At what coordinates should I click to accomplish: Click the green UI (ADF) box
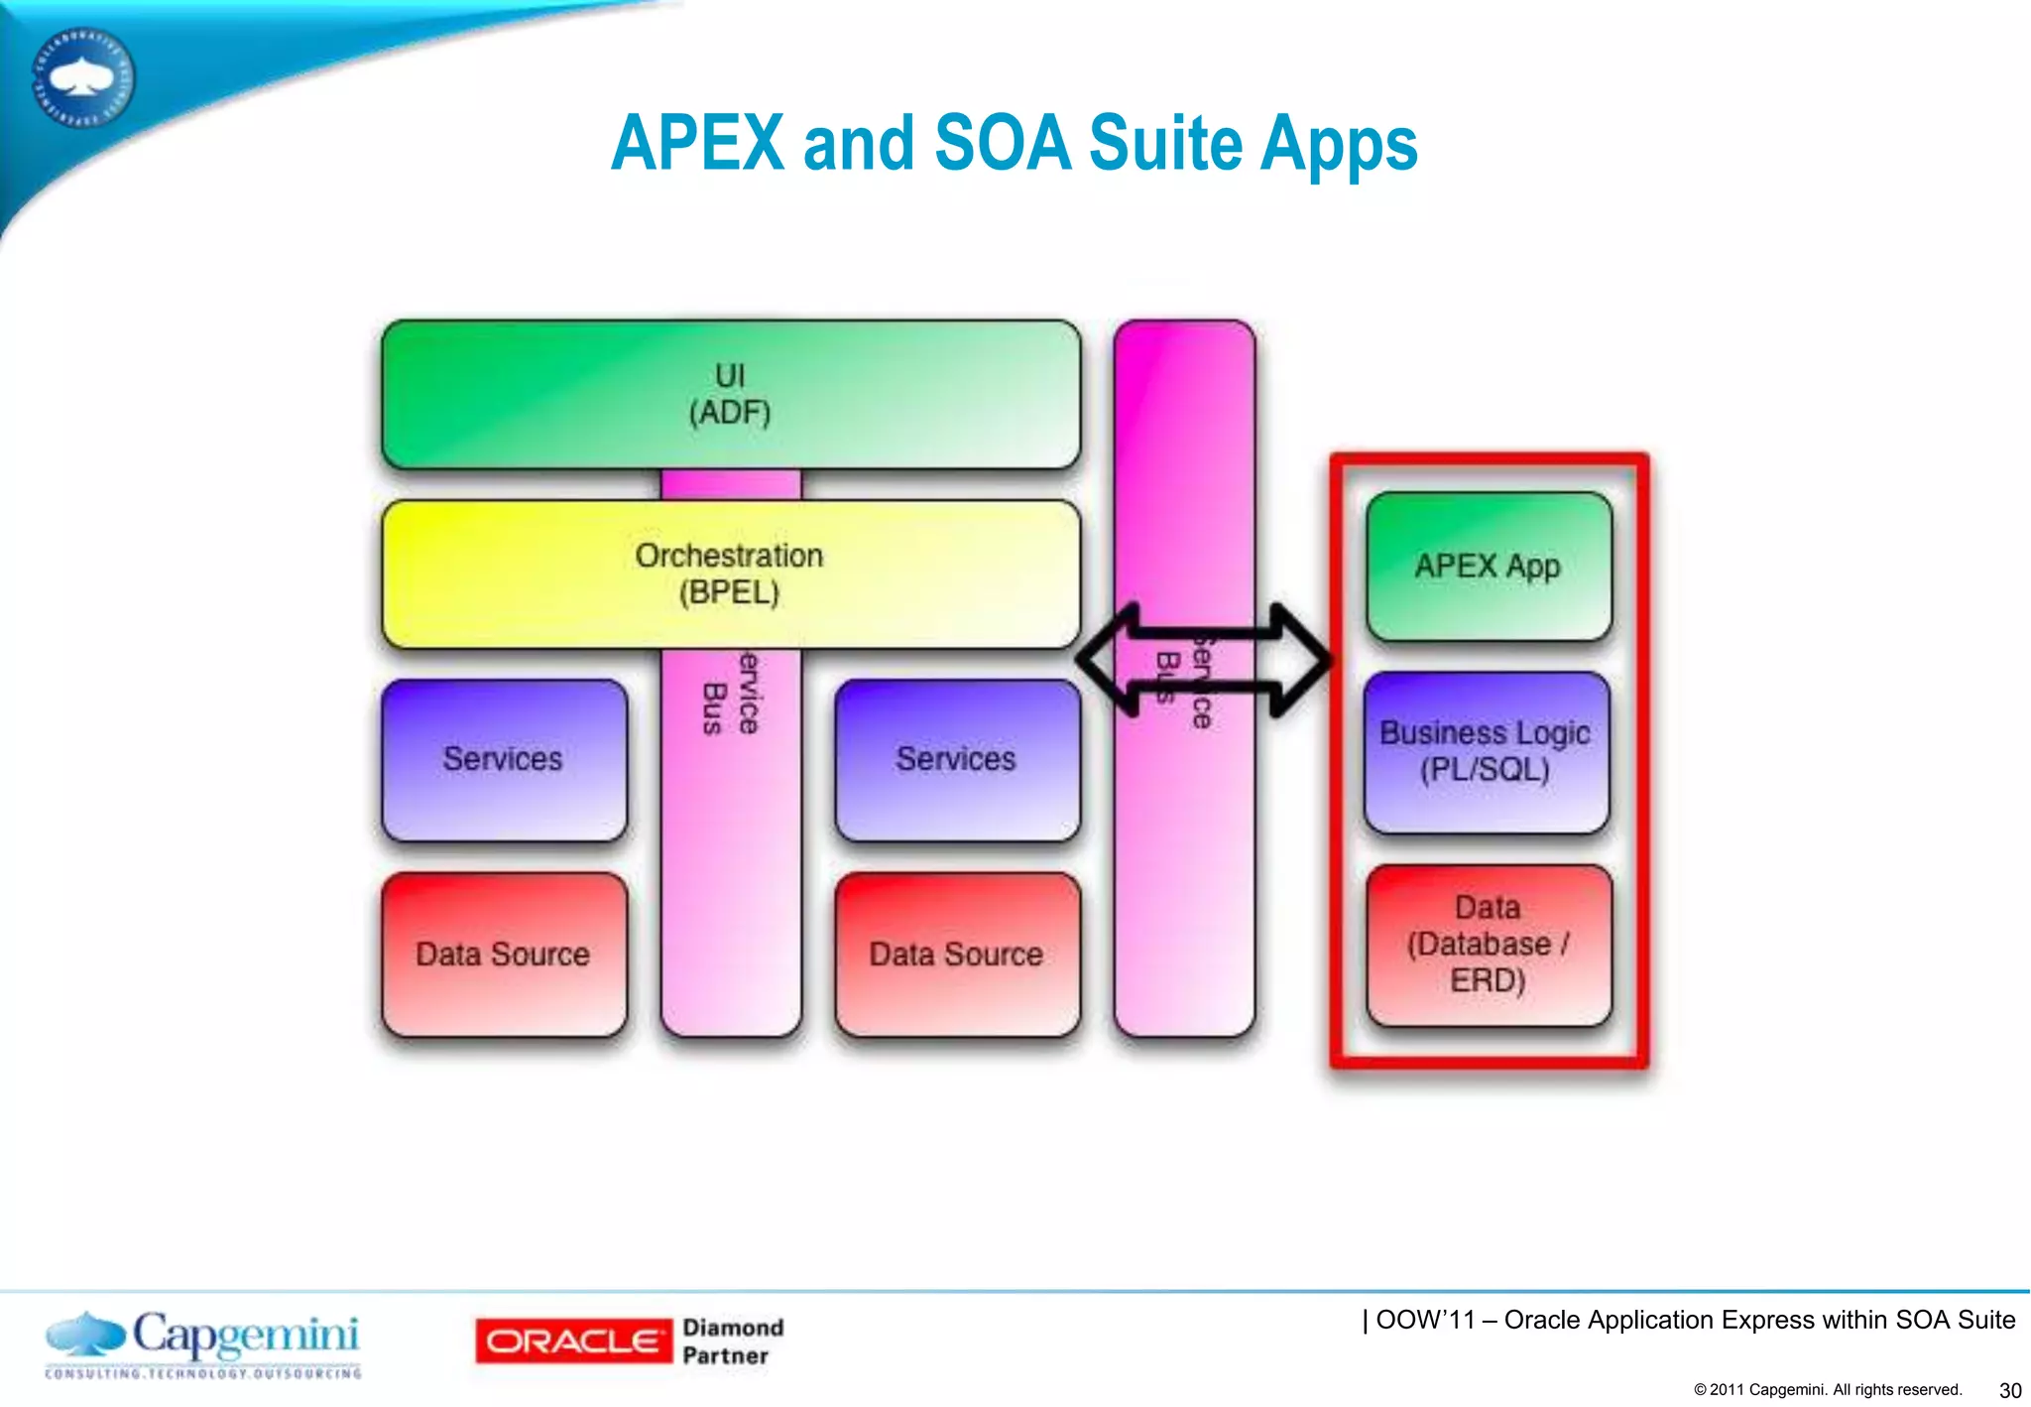(x=731, y=394)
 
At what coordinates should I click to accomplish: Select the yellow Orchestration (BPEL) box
(x=731, y=574)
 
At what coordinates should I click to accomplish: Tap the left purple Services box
(x=504, y=760)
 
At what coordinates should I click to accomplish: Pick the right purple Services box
(x=957, y=760)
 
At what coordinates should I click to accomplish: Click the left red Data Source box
(x=504, y=955)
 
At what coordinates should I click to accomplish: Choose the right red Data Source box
(x=957, y=955)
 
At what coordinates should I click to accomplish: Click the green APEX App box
(x=1488, y=567)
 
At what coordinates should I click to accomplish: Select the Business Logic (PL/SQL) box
(x=1486, y=751)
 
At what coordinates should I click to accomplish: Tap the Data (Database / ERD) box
(x=1488, y=944)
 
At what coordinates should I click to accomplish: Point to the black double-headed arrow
(x=1204, y=660)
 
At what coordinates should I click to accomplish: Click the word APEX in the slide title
(x=697, y=144)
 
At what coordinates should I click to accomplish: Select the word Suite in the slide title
(x=1165, y=144)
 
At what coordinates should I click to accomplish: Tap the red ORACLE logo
(x=572, y=1342)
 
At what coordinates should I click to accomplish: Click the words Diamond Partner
(x=732, y=1342)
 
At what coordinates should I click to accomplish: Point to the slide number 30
(x=2009, y=1390)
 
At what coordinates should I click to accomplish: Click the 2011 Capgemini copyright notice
(x=1828, y=1389)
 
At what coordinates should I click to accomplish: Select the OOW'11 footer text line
(x=1689, y=1320)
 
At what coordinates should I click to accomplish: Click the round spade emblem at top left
(x=83, y=77)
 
